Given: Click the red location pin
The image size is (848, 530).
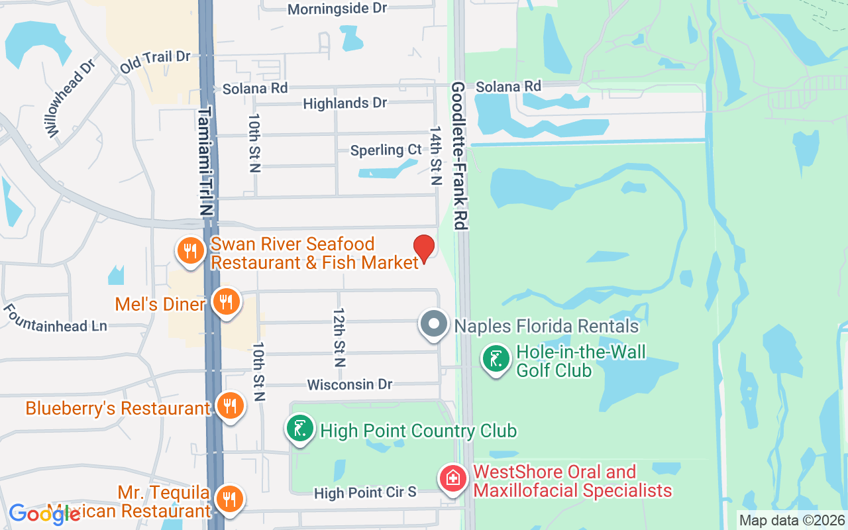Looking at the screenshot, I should (424, 248).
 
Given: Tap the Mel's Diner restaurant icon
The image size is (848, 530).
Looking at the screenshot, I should (227, 302).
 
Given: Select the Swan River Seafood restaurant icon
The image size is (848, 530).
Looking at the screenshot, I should (190, 250).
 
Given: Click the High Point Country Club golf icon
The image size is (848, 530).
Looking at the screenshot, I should (300, 427).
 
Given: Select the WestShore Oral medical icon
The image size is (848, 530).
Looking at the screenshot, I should (453, 479).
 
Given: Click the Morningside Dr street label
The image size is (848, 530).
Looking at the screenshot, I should (337, 9).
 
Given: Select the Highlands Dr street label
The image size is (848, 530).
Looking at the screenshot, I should (344, 103).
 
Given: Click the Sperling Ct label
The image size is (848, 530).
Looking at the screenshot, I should (386, 150).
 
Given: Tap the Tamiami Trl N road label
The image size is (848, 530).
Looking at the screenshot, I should (207, 161).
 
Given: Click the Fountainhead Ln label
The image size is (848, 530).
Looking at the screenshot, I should (56, 318).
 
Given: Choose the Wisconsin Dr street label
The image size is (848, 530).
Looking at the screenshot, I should (350, 385).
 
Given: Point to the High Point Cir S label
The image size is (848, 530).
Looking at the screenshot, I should (365, 493).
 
